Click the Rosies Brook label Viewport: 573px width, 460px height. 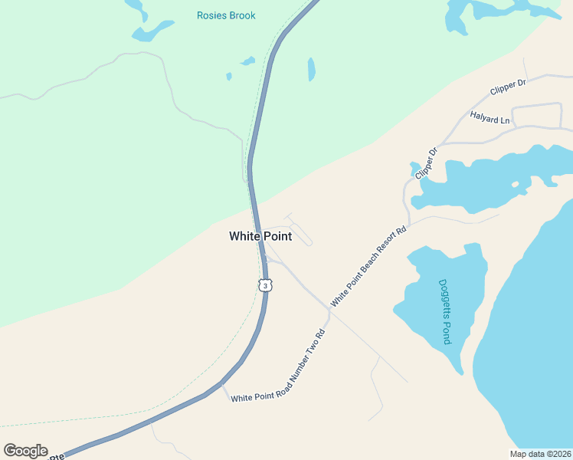coord(226,15)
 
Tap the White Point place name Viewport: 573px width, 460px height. coord(260,237)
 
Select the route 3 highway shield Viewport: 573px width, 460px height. coord(264,285)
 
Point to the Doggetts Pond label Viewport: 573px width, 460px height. coord(444,310)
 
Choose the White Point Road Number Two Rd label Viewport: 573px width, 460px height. coord(279,366)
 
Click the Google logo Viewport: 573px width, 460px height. coord(25,451)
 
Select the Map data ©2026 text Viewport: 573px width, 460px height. coord(540,454)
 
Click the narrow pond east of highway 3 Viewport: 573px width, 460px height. coord(311,69)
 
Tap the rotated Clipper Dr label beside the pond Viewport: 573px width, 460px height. coord(426,163)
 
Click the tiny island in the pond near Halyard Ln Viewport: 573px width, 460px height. coord(517,185)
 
